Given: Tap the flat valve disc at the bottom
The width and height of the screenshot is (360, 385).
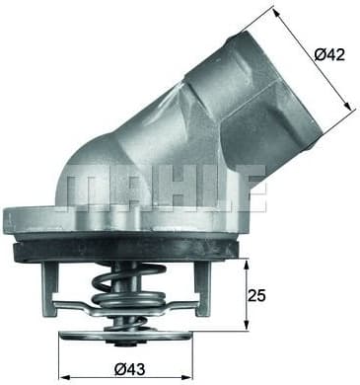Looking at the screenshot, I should pos(127,335).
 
